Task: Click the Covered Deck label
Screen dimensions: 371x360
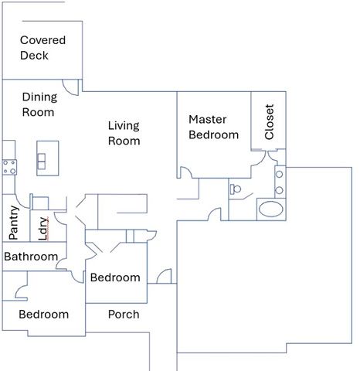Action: pos(42,47)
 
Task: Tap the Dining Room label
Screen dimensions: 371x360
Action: pos(39,104)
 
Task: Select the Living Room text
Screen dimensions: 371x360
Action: pos(124,133)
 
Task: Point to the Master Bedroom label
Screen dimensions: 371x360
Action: pos(213,128)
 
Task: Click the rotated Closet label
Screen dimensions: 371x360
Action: pos(269,121)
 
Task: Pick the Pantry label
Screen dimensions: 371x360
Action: pos(14,223)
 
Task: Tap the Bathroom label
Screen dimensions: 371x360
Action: pos(31,257)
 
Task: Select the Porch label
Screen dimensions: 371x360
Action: pos(124,315)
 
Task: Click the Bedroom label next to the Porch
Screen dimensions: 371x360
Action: pos(43,315)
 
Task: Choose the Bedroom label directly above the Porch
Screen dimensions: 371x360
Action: pos(115,277)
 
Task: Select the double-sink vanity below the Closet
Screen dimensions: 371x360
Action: pos(280,182)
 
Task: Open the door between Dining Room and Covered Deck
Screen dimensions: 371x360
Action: pos(71,86)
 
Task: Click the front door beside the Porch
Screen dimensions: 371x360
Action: pos(163,277)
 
